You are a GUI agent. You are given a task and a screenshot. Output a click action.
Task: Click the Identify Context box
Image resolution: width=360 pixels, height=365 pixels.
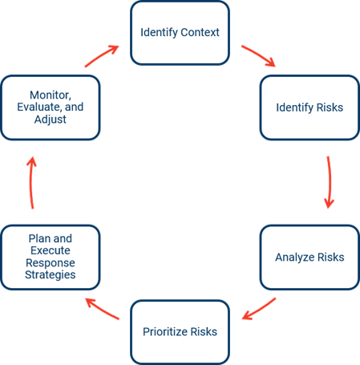[x=180, y=33]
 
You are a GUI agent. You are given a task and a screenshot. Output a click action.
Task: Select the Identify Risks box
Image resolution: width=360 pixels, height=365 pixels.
[x=309, y=107]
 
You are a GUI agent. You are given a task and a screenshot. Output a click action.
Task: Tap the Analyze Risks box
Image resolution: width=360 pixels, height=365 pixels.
[x=309, y=258]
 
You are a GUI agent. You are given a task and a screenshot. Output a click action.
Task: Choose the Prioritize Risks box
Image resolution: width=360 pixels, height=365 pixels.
[x=180, y=332]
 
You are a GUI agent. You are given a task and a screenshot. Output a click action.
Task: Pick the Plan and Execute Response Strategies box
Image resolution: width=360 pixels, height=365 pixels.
[x=51, y=258]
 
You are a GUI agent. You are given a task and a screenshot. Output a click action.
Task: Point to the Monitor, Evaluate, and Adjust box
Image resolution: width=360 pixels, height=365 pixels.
[x=51, y=107]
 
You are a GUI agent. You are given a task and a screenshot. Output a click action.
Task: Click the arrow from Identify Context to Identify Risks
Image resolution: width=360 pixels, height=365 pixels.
[x=259, y=55]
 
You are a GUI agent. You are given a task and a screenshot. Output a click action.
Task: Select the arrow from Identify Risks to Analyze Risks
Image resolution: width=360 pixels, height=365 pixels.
[x=330, y=182]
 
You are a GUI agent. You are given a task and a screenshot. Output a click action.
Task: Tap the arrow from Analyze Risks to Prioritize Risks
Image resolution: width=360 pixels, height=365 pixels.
[x=260, y=309]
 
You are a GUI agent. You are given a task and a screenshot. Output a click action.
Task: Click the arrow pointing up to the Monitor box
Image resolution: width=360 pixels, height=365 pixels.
[x=30, y=182]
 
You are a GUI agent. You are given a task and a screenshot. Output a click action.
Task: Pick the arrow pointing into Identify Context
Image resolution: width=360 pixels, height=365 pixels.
[x=101, y=55]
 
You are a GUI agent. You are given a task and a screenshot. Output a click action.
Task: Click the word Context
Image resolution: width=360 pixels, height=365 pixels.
[x=200, y=32]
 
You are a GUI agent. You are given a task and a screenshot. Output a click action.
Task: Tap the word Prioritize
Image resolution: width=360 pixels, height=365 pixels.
[x=163, y=332]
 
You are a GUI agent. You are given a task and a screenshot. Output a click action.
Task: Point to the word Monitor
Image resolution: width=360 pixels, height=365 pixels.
[x=51, y=95]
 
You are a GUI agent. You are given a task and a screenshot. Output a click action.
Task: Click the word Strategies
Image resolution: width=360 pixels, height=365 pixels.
[x=51, y=275]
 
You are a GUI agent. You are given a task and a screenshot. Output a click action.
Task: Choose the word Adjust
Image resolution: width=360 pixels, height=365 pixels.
[x=51, y=120]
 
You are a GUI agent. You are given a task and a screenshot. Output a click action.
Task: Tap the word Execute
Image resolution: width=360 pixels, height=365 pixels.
[x=51, y=250]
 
